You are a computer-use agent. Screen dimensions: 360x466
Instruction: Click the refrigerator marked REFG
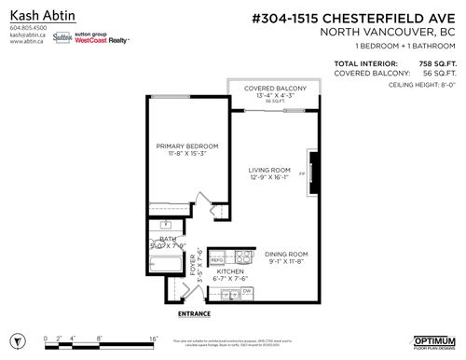(x=215, y=258)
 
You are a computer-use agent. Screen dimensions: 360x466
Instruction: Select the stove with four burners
(x=244, y=257)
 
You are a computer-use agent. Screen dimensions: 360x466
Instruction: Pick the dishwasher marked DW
(x=247, y=293)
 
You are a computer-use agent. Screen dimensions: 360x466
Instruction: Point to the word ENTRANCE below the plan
(x=193, y=313)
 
